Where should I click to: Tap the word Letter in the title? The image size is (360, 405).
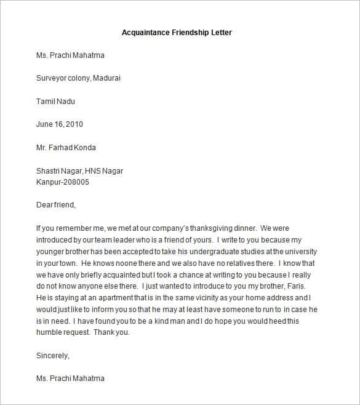coord(220,32)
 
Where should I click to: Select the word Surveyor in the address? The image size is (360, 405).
coord(52,78)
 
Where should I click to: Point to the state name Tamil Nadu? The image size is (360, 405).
coord(55,101)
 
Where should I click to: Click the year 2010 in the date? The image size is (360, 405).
coord(73,124)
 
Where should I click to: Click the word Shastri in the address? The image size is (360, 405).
coord(49,171)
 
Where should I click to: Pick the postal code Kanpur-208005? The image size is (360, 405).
coord(63,182)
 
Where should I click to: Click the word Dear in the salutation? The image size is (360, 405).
coord(45,205)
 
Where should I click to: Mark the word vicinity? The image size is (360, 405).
coord(183,298)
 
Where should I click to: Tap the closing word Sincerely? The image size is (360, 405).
coord(52,355)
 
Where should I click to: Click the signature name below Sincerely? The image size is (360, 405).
coord(70,379)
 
